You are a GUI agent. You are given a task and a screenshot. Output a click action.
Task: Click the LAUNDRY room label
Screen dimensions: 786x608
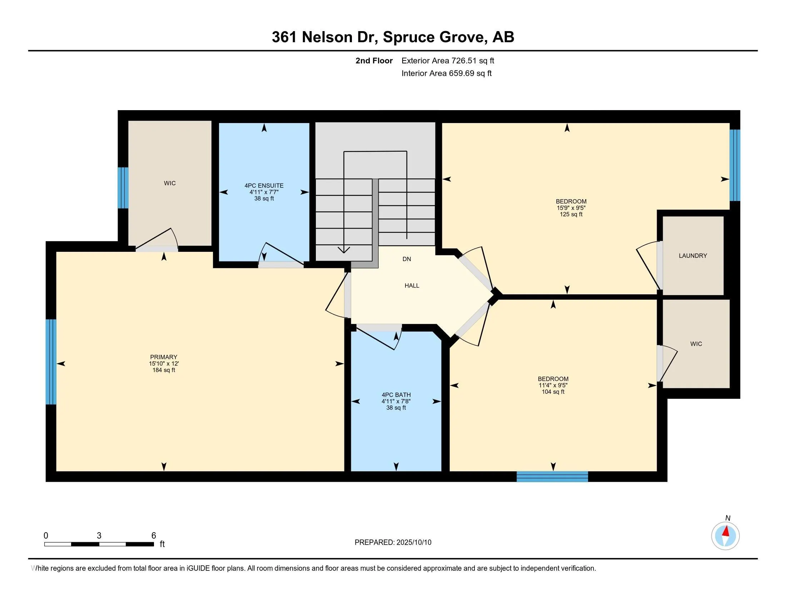[x=693, y=256]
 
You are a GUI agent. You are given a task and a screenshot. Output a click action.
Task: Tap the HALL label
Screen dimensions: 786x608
[x=412, y=286]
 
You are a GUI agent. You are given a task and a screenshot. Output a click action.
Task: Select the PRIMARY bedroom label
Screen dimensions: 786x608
[x=164, y=357]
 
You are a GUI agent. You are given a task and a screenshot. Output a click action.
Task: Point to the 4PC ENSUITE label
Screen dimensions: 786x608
[x=264, y=186]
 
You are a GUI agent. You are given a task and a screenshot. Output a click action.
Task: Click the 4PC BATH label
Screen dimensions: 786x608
[x=396, y=395]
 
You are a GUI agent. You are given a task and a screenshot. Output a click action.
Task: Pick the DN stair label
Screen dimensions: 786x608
[x=407, y=259]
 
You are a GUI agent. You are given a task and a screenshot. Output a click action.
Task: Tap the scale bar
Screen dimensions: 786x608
[x=99, y=544]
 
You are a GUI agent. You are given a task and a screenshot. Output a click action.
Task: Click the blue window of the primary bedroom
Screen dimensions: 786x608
[x=51, y=362]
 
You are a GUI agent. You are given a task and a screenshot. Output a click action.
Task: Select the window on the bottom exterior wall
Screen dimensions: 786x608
[x=552, y=476]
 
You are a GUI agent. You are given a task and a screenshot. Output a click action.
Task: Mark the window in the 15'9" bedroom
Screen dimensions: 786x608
[x=735, y=165]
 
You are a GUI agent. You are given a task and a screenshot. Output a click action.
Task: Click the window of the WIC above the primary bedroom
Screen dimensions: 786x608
[x=123, y=188]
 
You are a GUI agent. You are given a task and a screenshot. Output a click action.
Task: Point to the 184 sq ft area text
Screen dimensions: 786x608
[x=164, y=370]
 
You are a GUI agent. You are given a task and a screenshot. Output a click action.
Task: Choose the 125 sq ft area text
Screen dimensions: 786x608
[x=571, y=214]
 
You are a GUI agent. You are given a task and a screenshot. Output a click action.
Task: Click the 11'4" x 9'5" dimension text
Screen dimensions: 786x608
[x=553, y=385]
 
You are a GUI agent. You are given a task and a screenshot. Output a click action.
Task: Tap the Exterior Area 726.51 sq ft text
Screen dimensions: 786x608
[x=448, y=60]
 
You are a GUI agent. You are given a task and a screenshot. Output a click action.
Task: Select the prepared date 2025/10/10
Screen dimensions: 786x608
[x=413, y=543]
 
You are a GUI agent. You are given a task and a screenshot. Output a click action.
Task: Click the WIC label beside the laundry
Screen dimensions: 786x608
[x=696, y=344]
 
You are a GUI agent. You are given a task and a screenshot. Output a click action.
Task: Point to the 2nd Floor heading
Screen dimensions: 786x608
[x=374, y=60]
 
